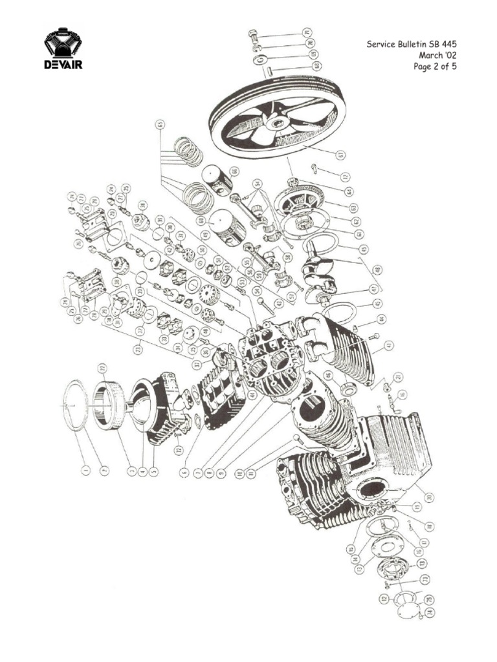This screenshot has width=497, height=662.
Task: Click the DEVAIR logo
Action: tap(63, 48)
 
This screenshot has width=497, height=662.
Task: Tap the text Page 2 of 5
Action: tap(435, 67)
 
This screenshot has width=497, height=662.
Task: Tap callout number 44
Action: tap(382, 319)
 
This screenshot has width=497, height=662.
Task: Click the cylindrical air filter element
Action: tap(109, 405)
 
